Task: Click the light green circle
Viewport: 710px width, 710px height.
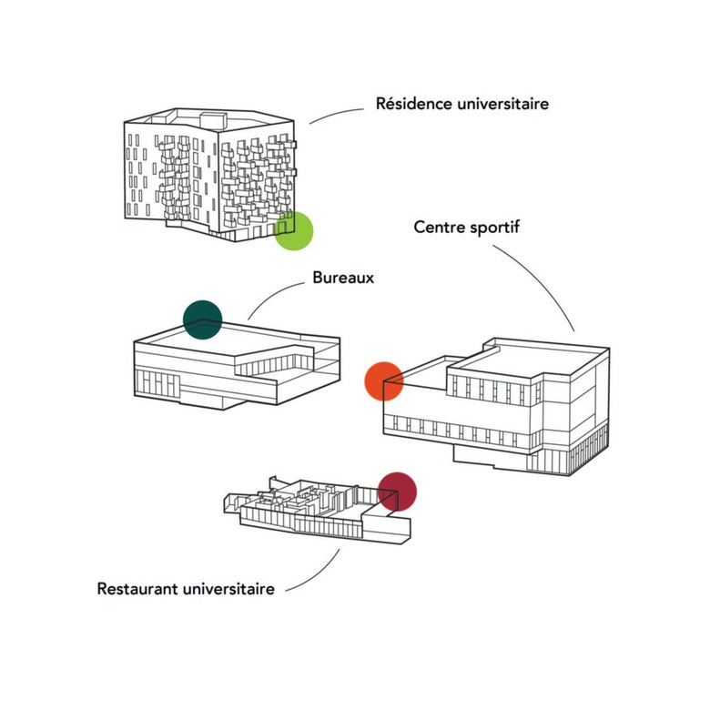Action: click(294, 230)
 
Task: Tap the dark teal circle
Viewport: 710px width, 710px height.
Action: click(202, 319)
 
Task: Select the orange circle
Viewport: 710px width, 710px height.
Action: click(383, 381)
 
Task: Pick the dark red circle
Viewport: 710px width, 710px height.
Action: click(397, 492)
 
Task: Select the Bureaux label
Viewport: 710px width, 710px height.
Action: click(343, 277)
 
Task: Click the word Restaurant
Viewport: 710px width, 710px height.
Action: click(139, 589)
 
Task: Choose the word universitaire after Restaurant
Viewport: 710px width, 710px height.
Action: click(230, 589)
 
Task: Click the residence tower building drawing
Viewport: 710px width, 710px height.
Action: click(209, 173)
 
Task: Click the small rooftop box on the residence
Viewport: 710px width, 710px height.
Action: click(212, 119)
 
